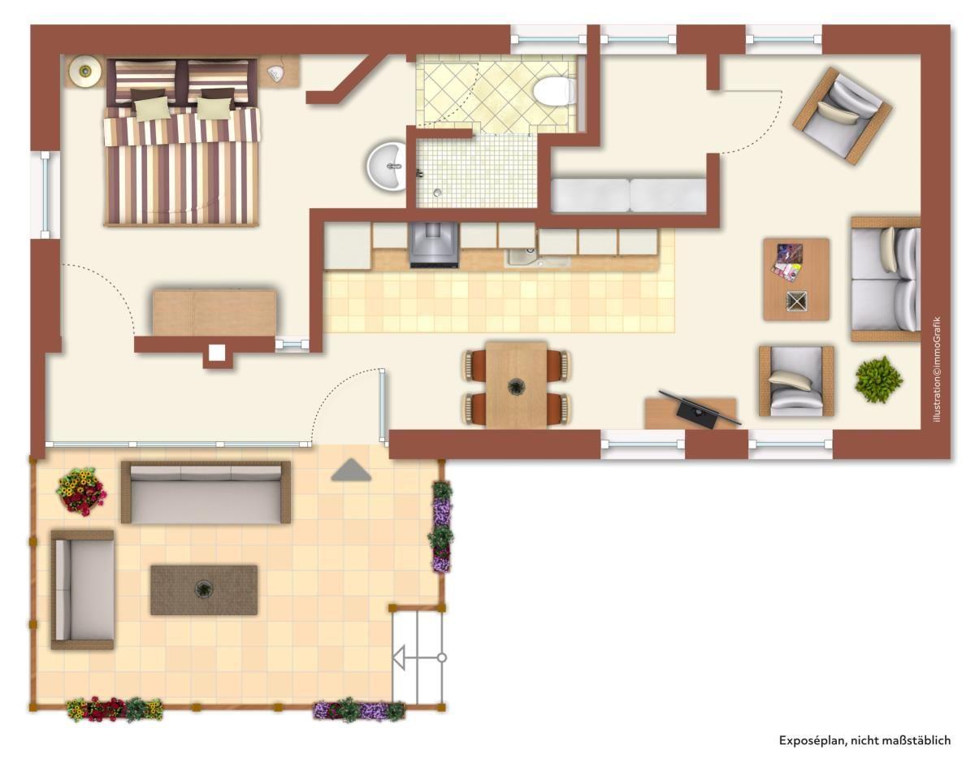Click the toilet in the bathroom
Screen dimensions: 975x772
tap(554, 91)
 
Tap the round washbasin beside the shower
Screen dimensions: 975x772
tap(387, 166)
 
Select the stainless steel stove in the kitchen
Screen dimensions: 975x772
tap(434, 245)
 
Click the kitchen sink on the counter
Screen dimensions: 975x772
tap(537, 258)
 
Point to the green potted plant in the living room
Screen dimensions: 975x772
tap(878, 379)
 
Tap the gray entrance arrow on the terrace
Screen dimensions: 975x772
tap(351, 470)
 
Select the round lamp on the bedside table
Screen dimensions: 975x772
tap(84, 71)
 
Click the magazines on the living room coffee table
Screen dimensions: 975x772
tap(788, 265)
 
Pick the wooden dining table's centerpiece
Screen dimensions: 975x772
tap(516, 387)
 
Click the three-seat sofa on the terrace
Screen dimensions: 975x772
tap(206, 492)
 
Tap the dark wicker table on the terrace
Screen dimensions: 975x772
tap(204, 590)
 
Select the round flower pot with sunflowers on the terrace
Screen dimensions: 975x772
tap(81, 492)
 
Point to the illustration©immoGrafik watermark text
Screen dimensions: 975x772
tap(937, 369)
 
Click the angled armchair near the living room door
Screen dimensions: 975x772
tap(843, 116)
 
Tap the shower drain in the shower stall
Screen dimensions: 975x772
tap(437, 193)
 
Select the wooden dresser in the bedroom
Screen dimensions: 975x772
tap(214, 313)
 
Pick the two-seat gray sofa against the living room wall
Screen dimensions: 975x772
tap(886, 279)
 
